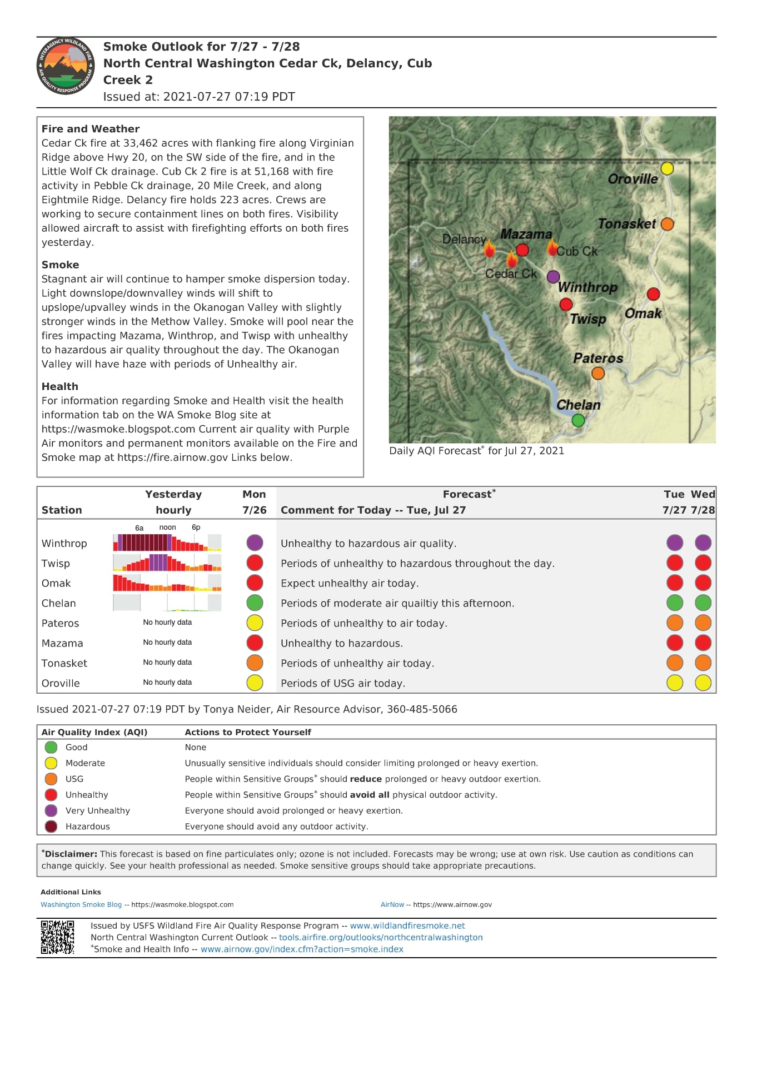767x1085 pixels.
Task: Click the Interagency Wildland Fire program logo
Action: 66,66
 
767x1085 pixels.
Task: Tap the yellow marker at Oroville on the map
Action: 667,168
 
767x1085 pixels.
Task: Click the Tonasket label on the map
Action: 626,224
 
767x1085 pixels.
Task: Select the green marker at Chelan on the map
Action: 578,420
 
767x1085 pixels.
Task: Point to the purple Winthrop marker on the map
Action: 553,277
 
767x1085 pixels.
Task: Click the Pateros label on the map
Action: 598,359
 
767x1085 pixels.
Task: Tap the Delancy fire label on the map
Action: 464,240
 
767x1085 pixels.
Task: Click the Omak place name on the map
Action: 643,313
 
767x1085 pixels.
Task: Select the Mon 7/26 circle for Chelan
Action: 255,603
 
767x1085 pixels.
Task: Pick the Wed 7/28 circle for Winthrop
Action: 703,542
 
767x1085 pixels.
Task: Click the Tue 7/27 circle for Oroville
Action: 675,683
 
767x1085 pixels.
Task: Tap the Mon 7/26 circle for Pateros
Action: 255,623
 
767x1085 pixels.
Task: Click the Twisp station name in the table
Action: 56,563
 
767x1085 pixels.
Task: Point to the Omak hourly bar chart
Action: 167,583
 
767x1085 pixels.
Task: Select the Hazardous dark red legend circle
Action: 51,827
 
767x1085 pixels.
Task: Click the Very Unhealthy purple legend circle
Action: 51,810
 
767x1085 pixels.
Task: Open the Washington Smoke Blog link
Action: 81,904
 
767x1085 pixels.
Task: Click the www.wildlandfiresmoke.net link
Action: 407,925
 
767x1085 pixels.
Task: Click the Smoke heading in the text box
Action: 61,265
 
